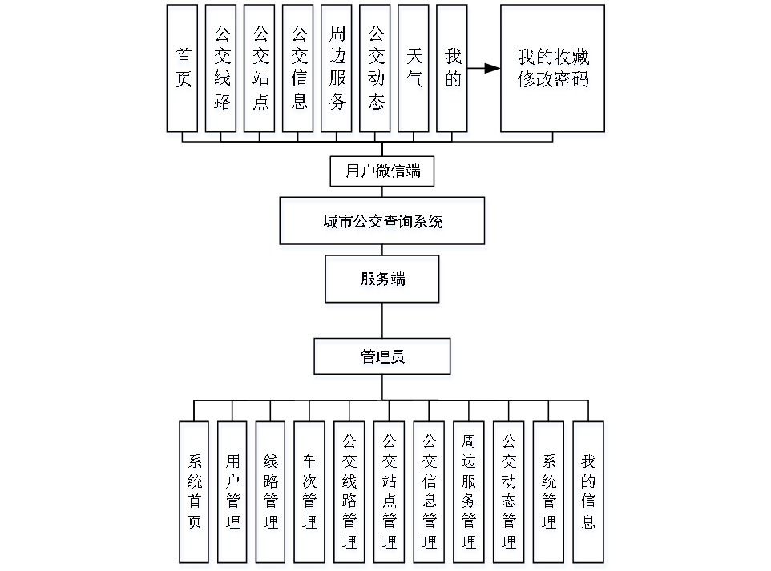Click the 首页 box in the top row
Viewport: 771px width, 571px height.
pyautogui.click(x=182, y=68)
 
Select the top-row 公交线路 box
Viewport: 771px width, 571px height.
pyautogui.click(x=220, y=68)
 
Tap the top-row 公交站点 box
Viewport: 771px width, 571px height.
pyautogui.click(x=259, y=68)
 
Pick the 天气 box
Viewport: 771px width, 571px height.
pyautogui.click(x=413, y=68)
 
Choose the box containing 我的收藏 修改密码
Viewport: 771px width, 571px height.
pyautogui.click(x=552, y=68)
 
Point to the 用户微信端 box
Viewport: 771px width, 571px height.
pyautogui.click(x=382, y=171)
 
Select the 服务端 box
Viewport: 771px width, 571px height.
pyautogui.click(x=382, y=279)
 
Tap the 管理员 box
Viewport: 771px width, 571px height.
pyautogui.click(x=382, y=356)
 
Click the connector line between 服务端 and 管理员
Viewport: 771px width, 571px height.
pyautogui.click(x=382, y=320)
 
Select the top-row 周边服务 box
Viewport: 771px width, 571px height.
pyautogui.click(x=336, y=68)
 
